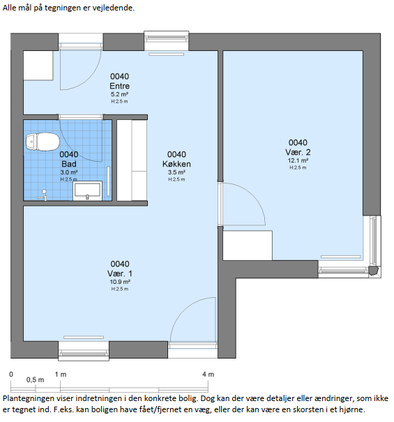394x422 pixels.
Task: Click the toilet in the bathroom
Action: click(x=43, y=142)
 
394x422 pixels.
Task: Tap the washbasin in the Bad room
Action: click(x=87, y=191)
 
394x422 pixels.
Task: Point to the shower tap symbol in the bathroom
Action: click(x=43, y=195)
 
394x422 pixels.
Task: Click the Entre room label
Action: click(x=119, y=86)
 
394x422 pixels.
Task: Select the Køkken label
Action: click(x=176, y=164)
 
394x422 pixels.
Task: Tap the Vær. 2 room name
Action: click(x=298, y=152)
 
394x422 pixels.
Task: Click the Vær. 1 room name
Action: click(x=120, y=273)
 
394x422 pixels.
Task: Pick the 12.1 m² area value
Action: click(x=298, y=160)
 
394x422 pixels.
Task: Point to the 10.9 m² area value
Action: click(x=120, y=282)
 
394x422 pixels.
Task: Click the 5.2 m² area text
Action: click(x=119, y=94)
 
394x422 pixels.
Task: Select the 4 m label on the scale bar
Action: click(x=208, y=375)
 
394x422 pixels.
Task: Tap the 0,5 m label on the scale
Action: click(x=35, y=380)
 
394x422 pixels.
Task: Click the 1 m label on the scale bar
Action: click(x=61, y=375)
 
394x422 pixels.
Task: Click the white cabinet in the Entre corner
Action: click(x=38, y=66)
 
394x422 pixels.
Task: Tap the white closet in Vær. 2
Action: click(x=248, y=246)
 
